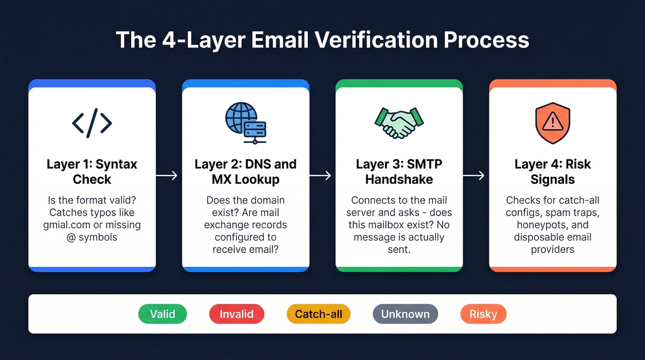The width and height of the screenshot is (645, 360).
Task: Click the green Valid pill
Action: pos(163,314)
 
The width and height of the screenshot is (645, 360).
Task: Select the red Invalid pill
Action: pos(236,314)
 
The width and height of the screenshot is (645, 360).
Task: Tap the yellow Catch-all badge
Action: pos(318,314)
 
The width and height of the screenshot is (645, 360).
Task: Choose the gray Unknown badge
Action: pos(405,314)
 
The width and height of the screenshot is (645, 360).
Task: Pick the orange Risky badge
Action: pos(483,314)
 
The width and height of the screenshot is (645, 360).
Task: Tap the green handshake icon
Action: pos(399,122)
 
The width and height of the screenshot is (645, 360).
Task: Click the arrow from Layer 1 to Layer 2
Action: pos(167,175)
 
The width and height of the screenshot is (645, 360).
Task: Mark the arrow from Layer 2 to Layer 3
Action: pos(320,175)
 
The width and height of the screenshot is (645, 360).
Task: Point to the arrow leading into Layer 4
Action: pos(474,175)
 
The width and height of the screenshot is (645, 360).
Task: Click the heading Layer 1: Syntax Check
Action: pos(92,171)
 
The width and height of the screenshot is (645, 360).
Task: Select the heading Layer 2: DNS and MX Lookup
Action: pos(246,171)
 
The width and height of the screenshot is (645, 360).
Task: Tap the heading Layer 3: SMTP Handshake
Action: pos(399,171)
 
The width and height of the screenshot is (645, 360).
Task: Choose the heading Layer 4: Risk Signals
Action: pos(552,171)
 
